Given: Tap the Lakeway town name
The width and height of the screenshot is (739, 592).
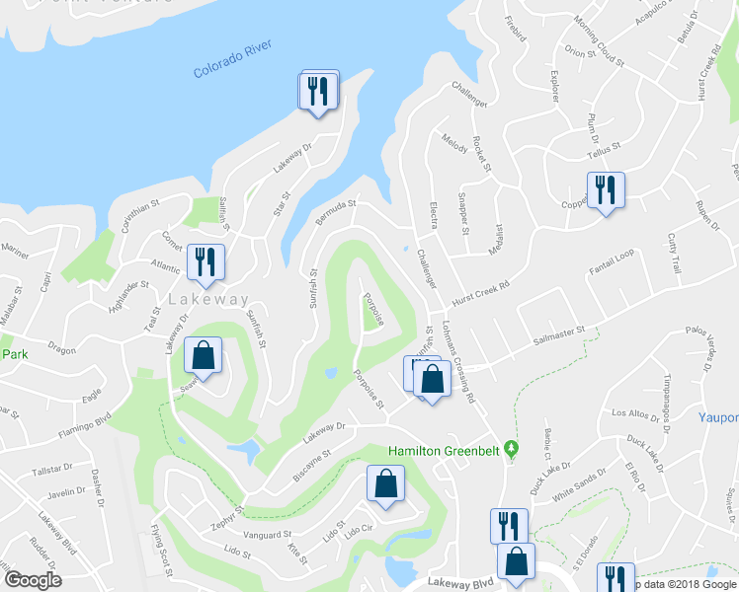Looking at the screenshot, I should click(x=208, y=299).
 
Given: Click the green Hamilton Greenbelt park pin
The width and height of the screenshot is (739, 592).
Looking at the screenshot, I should click(x=511, y=450).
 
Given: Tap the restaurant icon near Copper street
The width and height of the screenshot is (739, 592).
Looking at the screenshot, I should click(x=604, y=189).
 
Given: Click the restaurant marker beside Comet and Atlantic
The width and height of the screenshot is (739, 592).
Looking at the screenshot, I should click(x=205, y=261).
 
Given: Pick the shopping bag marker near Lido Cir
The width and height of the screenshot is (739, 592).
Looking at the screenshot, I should click(x=385, y=484).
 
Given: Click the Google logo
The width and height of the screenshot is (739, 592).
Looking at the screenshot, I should click(x=33, y=579).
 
